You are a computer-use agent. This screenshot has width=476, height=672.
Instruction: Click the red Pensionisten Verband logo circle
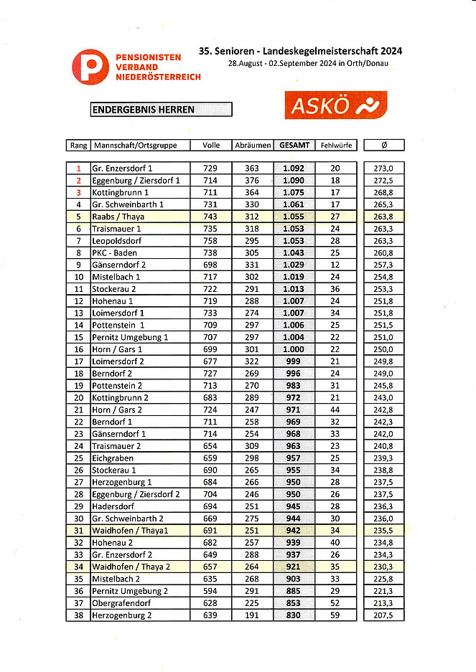coord(90,67)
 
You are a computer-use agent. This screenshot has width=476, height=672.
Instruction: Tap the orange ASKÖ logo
coord(335,105)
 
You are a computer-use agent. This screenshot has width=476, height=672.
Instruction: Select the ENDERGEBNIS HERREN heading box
coord(161,110)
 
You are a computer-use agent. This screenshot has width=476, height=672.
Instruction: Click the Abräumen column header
coord(252,145)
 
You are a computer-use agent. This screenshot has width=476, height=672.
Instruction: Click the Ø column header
coord(384,145)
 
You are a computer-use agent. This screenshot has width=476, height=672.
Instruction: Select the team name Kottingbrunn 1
coord(121,192)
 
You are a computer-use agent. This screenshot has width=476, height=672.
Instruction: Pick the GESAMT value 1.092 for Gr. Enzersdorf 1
coord(294,168)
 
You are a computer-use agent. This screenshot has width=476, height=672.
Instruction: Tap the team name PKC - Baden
coord(114,252)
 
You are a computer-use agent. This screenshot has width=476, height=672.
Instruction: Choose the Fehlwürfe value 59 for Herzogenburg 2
coord(335,615)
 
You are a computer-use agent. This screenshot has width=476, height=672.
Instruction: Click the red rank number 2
coord(78,180)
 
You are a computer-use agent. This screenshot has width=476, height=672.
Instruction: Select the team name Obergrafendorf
coord(121,602)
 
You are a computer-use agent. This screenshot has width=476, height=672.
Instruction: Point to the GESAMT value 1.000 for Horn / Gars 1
coord(294,349)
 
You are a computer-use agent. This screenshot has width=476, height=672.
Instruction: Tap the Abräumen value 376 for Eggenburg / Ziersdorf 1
coord(252,180)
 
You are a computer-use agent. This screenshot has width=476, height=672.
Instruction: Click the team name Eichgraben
coord(113,458)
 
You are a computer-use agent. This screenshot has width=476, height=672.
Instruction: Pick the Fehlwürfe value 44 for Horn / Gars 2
coord(335,410)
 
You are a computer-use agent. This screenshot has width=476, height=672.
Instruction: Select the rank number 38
coord(78,615)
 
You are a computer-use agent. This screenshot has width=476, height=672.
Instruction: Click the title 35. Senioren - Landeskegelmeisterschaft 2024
coord(301,51)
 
